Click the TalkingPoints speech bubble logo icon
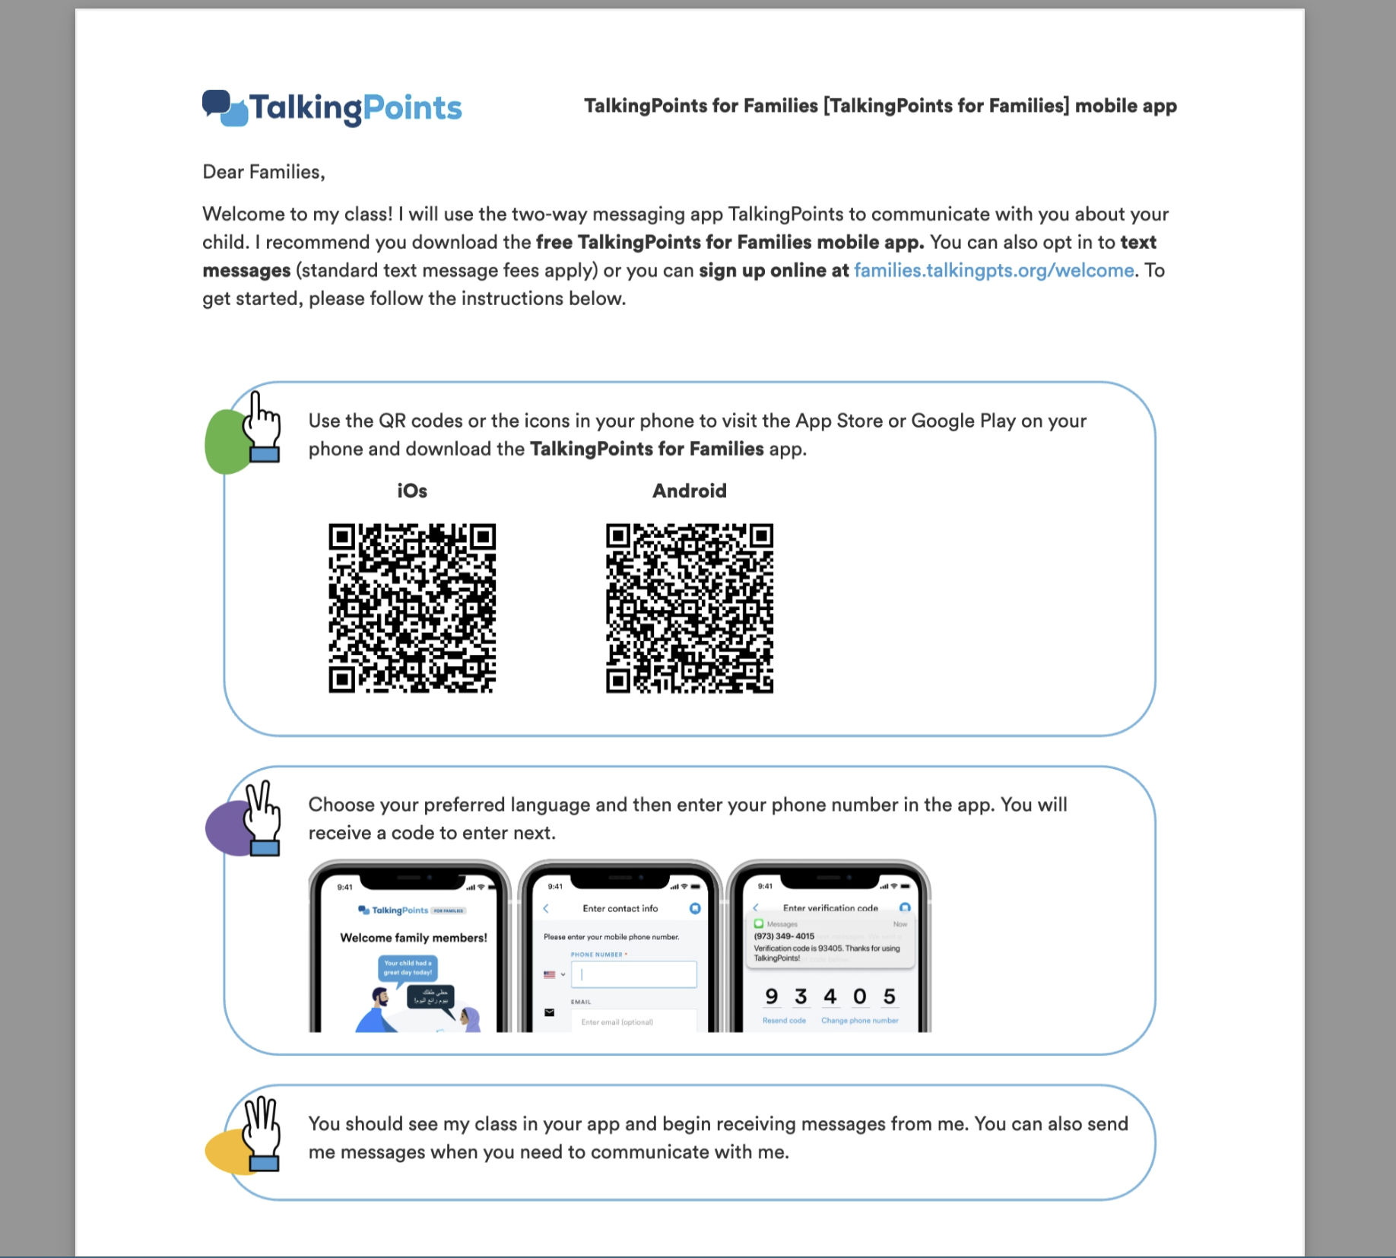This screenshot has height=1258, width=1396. [225, 109]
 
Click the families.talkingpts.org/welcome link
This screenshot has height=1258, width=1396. [993, 271]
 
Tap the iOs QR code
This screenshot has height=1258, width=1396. [412, 608]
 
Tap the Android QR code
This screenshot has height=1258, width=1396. [689, 608]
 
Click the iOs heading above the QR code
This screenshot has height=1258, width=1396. [412, 491]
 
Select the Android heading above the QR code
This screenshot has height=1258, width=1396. [689, 491]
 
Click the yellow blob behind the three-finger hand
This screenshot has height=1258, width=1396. [224, 1151]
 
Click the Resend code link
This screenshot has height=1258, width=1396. [784, 1021]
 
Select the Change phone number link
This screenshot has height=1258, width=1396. [859, 1021]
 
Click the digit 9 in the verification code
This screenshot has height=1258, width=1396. [772, 996]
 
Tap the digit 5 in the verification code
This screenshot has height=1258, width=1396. [889, 996]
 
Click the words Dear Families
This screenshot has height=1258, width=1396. [263, 173]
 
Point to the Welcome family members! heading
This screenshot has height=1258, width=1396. [414, 938]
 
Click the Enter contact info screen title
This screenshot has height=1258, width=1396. [620, 908]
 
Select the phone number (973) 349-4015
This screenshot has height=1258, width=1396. [784, 936]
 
